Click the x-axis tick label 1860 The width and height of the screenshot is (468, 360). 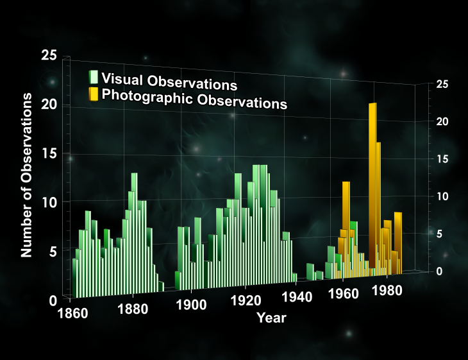coord(72,314)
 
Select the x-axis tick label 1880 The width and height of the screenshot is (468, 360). coord(133,309)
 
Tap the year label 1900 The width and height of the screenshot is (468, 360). coord(191,305)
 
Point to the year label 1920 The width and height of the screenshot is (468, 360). coord(246,301)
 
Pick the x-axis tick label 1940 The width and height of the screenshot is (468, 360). coord(297,297)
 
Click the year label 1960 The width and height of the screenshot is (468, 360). coord(343,294)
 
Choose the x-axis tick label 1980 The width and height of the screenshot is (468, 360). coord(387,291)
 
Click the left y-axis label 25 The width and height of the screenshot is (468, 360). coord(49,55)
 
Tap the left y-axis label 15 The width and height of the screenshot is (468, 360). coord(49,153)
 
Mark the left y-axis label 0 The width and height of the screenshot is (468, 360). coord(53,301)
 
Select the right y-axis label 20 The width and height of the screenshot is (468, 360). coord(442,121)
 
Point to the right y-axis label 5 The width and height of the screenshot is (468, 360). coord(439,234)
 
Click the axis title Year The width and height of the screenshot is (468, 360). coord(271,318)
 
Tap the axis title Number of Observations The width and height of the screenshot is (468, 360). coord(26,175)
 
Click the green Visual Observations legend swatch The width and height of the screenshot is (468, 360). coord(93,77)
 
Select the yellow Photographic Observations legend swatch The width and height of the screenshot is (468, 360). coord(93,94)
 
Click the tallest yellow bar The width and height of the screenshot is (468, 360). coord(372,185)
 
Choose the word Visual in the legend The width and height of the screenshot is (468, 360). coord(122,78)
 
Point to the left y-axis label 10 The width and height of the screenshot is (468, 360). coord(49,203)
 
